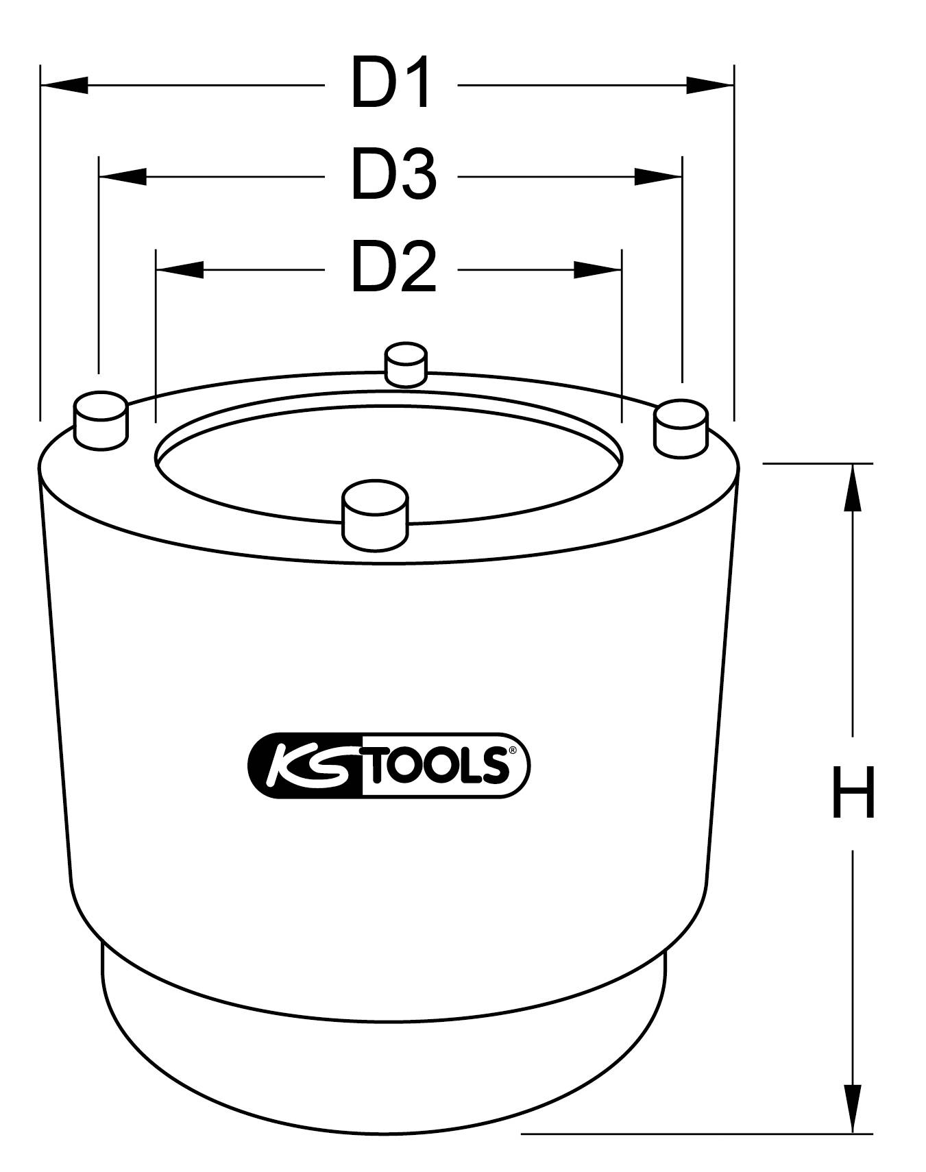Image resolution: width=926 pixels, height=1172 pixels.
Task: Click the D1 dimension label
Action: coord(391,84)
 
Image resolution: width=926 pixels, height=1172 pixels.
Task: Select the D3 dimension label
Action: coord(393,176)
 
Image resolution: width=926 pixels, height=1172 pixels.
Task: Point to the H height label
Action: coord(853,793)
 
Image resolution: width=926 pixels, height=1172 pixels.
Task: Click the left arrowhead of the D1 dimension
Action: coord(64,85)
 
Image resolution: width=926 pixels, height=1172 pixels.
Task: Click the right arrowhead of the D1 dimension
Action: coord(710,85)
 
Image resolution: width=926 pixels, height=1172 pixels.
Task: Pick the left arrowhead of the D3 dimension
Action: coord(123,177)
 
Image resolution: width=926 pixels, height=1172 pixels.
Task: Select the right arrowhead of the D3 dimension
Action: coord(658,177)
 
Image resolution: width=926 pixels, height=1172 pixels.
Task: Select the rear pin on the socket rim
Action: coord(406,365)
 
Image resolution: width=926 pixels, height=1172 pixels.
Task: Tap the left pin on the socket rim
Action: coord(101,421)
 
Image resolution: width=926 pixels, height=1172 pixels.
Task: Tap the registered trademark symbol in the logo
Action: coord(512,750)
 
